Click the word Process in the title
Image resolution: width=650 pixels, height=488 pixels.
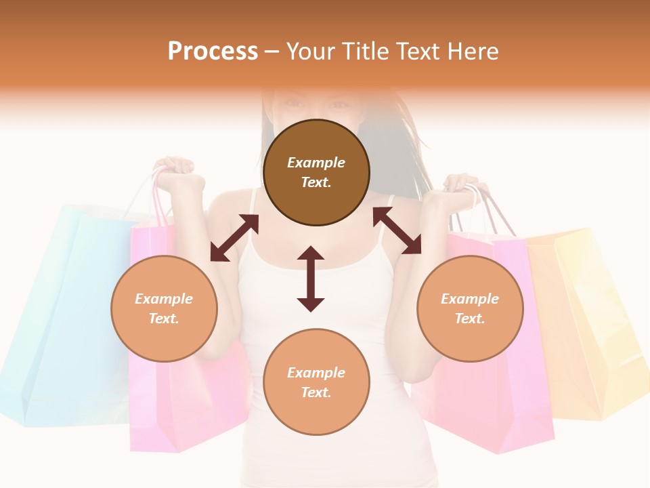(x=213, y=52)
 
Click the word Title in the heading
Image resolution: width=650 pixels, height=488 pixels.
(x=366, y=52)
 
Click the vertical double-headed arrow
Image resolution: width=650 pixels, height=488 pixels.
(x=311, y=279)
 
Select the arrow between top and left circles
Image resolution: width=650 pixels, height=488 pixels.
(x=234, y=238)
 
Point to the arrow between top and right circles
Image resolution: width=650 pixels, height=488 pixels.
(x=397, y=230)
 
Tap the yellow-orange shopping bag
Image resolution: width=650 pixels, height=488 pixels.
(x=589, y=319)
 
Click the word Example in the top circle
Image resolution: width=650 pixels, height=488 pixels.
(x=316, y=163)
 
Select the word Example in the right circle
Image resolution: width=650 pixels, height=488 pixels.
(x=470, y=299)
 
